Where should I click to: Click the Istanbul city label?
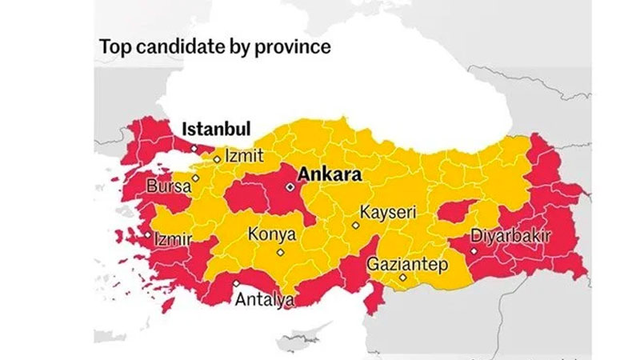click(x=217, y=130)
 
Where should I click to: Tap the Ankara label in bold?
click(x=330, y=174)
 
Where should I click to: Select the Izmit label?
click(x=243, y=156)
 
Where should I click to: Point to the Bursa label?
click(x=169, y=187)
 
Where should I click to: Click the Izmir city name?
click(x=172, y=238)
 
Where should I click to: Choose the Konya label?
click(x=272, y=236)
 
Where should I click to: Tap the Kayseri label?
click(x=387, y=214)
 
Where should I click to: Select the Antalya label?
click(x=264, y=301)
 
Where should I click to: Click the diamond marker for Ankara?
click(x=290, y=186)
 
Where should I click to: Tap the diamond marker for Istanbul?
click(x=193, y=149)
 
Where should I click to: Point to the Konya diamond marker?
click(x=280, y=253)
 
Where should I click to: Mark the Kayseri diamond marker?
click(x=356, y=225)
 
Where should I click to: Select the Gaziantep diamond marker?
click(x=404, y=278)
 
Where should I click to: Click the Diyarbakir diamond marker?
click(x=474, y=250)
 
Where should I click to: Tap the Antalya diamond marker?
click(x=236, y=283)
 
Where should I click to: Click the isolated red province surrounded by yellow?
click(x=458, y=211)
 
